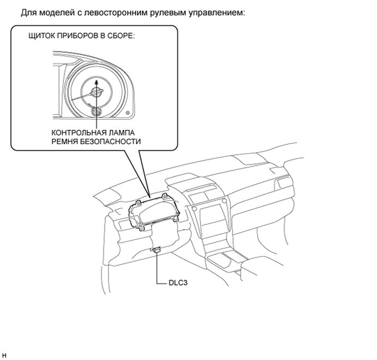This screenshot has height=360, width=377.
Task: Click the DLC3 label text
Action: (178, 282)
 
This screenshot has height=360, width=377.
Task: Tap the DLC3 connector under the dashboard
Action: (157, 250)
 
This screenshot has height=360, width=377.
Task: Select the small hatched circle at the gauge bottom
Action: (96, 111)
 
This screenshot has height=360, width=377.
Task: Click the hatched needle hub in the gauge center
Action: (96, 92)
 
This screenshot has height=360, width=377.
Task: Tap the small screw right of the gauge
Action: (128, 113)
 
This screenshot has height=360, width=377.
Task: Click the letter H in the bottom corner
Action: (4, 356)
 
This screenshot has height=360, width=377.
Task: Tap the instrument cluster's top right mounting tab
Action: (164, 196)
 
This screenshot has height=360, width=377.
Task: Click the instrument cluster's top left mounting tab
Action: (138, 204)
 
